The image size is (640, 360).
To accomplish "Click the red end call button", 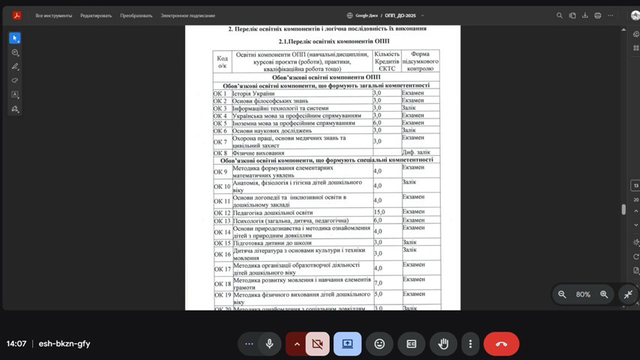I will point(501,343).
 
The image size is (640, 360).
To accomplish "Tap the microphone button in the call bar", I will point(269,343).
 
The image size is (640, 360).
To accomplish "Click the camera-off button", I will point(317,343).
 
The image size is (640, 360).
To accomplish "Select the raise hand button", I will point(443,343).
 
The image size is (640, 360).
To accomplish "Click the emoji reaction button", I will point(379,343).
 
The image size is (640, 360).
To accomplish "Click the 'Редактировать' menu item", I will point(96,15).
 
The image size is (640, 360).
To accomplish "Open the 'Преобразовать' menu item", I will point(136,15).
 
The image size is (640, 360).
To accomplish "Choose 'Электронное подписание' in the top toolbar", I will point(187,15).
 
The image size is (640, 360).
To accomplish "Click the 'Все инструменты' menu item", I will point(54,15).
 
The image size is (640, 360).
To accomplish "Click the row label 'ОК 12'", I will point(222,213).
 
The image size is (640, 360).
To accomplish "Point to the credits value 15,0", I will point(379,213).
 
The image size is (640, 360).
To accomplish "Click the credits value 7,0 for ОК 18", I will point(378,283).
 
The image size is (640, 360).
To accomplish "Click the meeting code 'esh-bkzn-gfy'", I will point(64,343).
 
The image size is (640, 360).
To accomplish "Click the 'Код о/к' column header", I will point(222,61).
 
